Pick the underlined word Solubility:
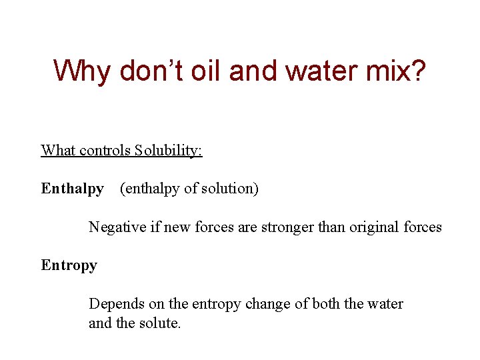click(168, 150)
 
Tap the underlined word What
click(58, 150)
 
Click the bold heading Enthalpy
click(72, 189)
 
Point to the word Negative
click(116, 227)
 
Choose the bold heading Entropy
click(69, 265)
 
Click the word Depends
click(115, 304)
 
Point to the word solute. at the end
click(160, 325)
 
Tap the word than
click(331, 227)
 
